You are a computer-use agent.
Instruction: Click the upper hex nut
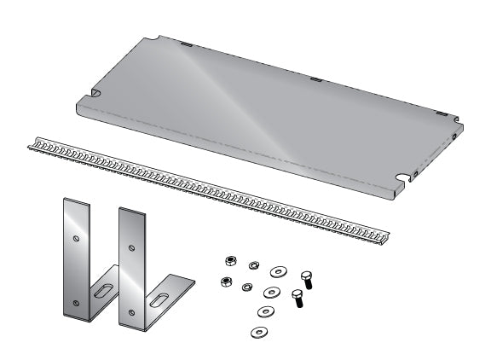pos(228,261)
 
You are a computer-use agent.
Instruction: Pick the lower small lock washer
pos(248,287)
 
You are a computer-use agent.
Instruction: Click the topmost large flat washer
pos(278,272)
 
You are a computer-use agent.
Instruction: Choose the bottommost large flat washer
pos(257,330)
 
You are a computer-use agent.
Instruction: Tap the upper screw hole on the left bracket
pos(75,238)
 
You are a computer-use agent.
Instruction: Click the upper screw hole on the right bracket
pos(130,248)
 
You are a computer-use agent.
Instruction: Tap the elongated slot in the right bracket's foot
pos(159,300)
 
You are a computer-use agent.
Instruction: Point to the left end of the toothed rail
pos(32,144)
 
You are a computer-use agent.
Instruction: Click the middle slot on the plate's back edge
pos(316,79)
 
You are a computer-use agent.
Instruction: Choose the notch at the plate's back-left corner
pos(155,38)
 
